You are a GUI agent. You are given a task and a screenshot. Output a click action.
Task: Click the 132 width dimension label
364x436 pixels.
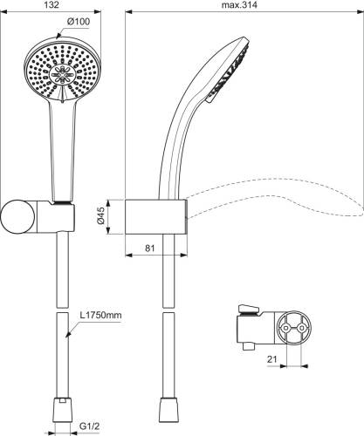(52, 5)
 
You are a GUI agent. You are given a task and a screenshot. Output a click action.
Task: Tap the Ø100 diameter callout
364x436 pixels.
(79, 22)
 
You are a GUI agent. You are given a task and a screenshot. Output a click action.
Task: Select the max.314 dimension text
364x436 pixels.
(239, 5)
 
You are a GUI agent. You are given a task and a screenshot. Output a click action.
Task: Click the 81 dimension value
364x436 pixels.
(150, 249)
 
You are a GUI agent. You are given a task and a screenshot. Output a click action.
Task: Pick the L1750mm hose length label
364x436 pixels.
(100, 315)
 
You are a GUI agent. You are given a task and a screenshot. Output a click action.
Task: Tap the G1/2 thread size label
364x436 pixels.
(89, 426)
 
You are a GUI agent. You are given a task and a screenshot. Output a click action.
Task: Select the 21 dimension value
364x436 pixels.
(272, 359)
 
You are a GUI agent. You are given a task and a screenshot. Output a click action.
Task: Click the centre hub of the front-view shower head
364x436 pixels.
(62, 74)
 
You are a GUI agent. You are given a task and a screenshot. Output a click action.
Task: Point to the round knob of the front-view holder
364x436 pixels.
(17, 217)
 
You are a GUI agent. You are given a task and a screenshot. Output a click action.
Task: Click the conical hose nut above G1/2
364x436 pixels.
(62, 409)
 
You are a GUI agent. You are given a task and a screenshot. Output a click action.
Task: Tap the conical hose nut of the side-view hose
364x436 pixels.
(168, 409)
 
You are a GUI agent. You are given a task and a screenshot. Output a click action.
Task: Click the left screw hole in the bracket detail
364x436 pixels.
(285, 328)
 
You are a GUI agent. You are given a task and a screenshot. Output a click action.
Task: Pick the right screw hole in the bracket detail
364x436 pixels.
(302, 328)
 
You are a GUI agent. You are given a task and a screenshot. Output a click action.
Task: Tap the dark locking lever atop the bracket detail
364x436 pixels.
(248, 309)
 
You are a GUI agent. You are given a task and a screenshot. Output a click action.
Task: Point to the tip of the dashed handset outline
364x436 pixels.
(362, 210)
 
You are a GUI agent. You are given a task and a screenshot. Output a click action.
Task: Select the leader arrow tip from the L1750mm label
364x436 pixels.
(66, 337)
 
